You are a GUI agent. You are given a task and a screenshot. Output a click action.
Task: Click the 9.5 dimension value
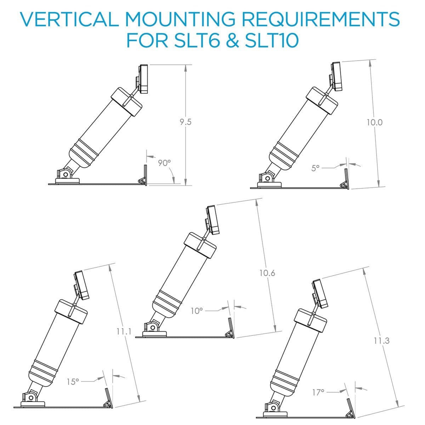click(185, 122)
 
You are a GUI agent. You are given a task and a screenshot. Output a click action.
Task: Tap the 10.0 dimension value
click(374, 123)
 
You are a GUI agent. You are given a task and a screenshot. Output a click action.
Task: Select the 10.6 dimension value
click(267, 273)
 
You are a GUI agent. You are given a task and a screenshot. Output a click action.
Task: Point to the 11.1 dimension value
click(124, 332)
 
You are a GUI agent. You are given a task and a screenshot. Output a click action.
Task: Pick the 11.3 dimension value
click(381, 341)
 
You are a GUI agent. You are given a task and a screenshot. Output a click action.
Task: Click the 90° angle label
click(164, 163)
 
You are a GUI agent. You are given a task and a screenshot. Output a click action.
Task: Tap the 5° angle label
click(316, 168)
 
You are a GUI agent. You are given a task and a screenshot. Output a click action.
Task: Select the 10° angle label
click(197, 311)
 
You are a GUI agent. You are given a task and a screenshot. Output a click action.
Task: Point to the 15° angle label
click(73, 382)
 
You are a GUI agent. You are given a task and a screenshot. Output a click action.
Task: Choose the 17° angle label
click(318, 392)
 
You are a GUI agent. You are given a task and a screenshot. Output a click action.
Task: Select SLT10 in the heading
click(272, 40)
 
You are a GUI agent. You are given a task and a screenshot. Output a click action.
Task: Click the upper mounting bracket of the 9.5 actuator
click(143, 79)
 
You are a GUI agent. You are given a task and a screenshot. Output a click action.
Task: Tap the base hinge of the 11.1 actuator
click(31, 397)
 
